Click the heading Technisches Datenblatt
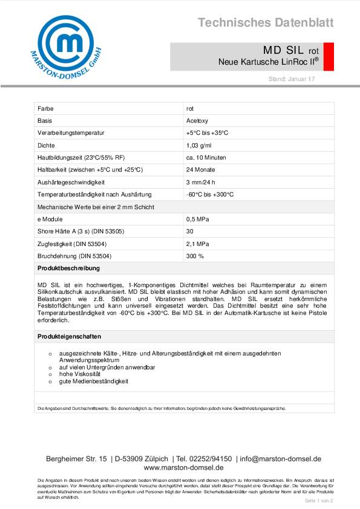266,23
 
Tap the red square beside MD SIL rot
329,56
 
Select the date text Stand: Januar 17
292,79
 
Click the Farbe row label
45,108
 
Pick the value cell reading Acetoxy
197,120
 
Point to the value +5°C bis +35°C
207,132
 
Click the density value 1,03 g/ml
199,145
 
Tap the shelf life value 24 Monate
200,170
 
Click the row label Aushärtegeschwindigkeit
71,182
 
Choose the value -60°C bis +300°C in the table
210,195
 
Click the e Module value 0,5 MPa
198,219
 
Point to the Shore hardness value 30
190,232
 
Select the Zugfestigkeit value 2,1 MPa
198,244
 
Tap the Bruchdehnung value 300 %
195,256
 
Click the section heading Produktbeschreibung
68,268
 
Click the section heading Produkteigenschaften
69,336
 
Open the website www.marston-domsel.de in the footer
184,467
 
